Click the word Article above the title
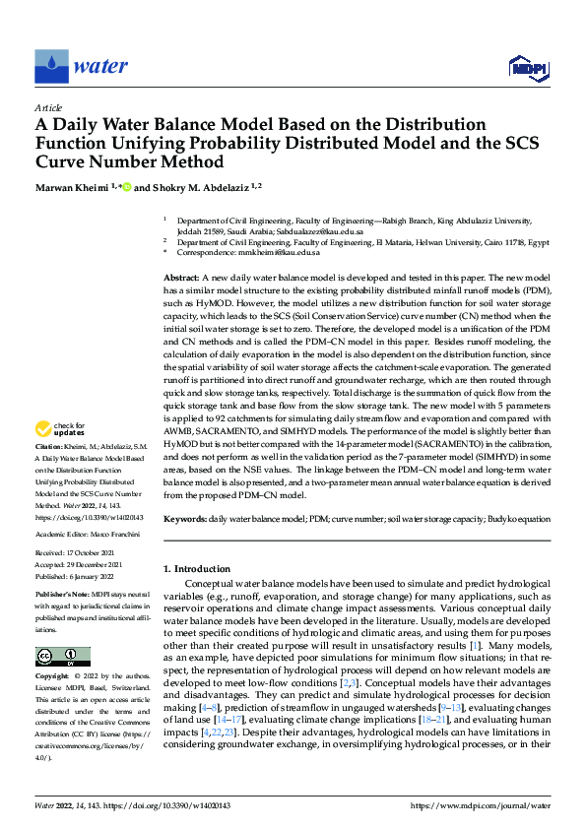(48, 107)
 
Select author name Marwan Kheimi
(72, 186)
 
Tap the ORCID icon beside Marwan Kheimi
(126, 186)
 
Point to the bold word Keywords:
(185, 517)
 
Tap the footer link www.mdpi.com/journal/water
(480, 805)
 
